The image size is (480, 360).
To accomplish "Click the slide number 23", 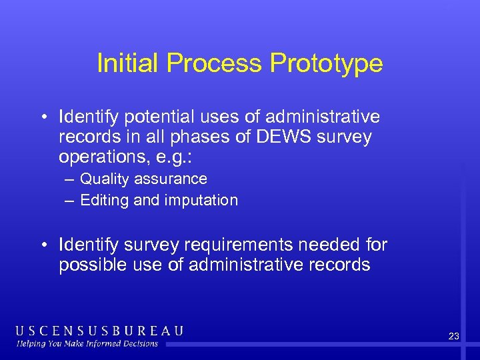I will point(454,337).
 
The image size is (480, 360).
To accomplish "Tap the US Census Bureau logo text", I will point(100,331).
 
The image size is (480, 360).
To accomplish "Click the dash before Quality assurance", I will point(70,179).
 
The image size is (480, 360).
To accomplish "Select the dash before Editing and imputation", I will point(70,200).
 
